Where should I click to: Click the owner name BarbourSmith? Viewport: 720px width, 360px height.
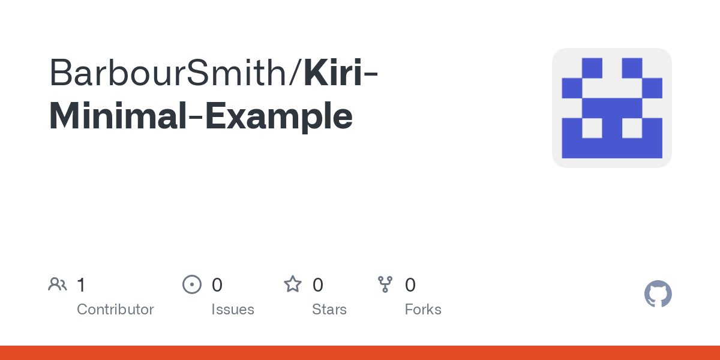pyautogui.click(x=168, y=73)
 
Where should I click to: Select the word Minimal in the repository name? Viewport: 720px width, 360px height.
pyautogui.click(x=118, y=116)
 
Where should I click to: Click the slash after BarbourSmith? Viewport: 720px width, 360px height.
pyautogui.click(x=295, y=73)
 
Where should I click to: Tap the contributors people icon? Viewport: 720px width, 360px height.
pyautogui.click(x=58, y=284)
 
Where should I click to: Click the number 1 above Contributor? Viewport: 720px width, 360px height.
pyautogui.click(x=81, y=285)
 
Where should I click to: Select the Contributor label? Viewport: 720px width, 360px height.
pyautogui.click(x=115, y=310)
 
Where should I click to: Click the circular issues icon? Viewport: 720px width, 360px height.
pyautogui.click(x=192, y=284)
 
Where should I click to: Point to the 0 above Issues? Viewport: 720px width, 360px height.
pyautogui.click(x=217, y=285)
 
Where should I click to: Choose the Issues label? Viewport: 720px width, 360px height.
pyautogui.click(x=233, y=310)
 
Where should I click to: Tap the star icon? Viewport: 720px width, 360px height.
pyautogui.click(x=293, y=284)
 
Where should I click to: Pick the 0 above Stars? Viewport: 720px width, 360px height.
pyautogui.click(x=317, y=285)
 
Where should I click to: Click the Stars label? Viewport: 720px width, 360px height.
pyautogui.click(x=329, y=310)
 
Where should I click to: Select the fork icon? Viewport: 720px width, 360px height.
pyautogui.click(x=385, y=284)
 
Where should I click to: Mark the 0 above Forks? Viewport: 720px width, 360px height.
pyautogui.click(x=410, y=285)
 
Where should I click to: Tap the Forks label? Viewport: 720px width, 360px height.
pyautogui.click(x=423, y=310)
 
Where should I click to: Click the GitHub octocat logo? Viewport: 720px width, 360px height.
pyautogui.click(x=658, y=294)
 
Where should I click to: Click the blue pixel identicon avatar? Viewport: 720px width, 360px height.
pyautogui.click(x=612, y=108)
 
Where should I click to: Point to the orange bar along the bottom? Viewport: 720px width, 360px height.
pyautogui.click(x=360, y=353)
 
